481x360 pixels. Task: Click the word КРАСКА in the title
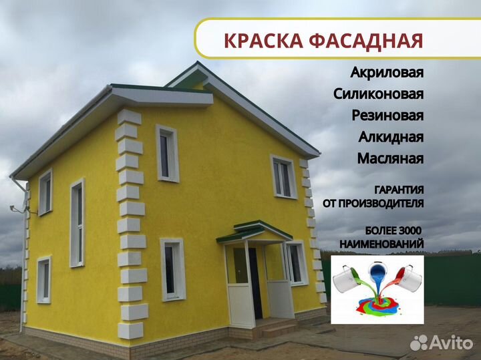click(263, 40)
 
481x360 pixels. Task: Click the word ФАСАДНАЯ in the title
click(366, 41)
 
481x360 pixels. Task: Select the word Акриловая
click(387, 72)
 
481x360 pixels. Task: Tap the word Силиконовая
click(379, 94)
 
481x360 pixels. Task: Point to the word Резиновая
click(387, 115)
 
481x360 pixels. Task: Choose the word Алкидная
click(391, 136)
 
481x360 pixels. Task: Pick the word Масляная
click(390, 158)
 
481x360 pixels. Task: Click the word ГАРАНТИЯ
click(399, 190)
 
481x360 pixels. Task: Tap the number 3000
click(410, 230)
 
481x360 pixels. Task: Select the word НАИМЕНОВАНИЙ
click(381, 244)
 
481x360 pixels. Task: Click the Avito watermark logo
click(442, 342)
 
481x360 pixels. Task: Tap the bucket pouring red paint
click(409, 278)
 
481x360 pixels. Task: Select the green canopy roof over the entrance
click(255, 231)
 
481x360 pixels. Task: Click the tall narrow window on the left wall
click(77, 223)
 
